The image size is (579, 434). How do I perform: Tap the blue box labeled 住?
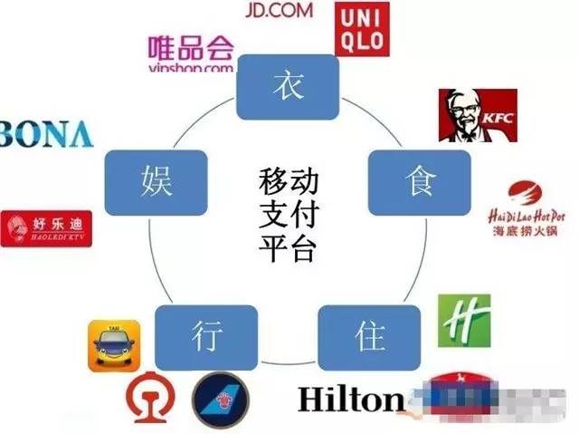pyautogui.click(x=368, y=338)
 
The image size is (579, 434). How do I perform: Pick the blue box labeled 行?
pyautogui.click(x=201, y=338)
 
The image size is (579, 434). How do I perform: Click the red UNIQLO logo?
pyautogui.click(x=362, y=28)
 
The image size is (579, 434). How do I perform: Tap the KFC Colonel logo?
pyautogui.click(x=478, y=115)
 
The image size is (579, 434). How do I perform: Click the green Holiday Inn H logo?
pyautogui.click(x=464, y=321)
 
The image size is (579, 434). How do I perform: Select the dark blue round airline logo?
pyautogui.click(x=220, y=399)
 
